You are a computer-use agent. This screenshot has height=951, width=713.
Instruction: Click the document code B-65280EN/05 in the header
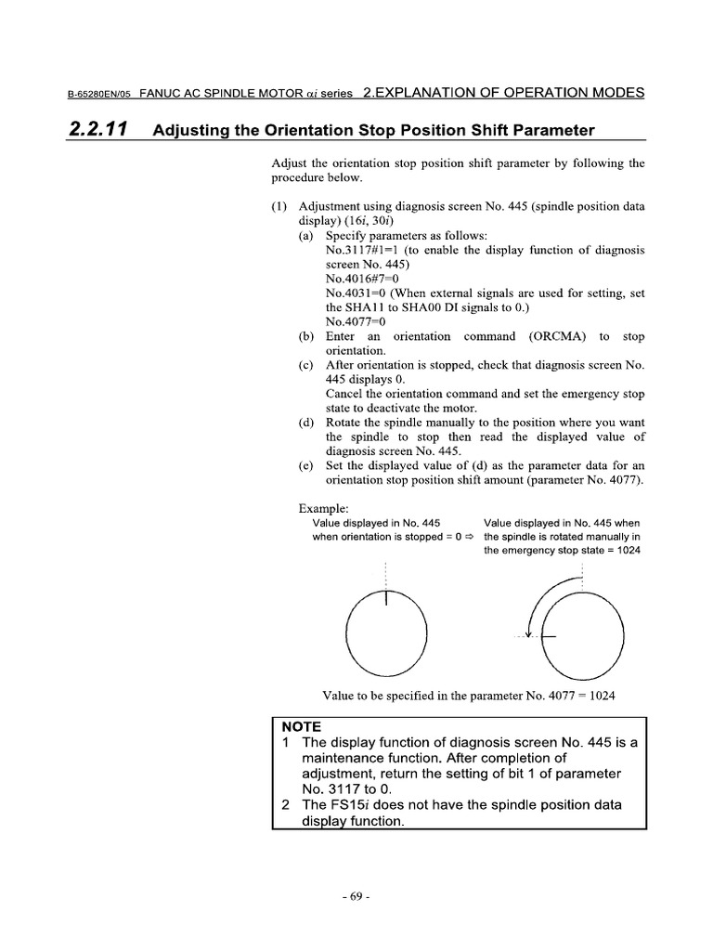click(x=101, y=94)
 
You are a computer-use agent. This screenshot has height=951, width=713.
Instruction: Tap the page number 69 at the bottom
click(x=356, y=897)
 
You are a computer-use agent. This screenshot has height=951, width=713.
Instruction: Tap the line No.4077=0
click(x=356, y=321)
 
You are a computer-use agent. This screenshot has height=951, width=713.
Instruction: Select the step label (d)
click(x=306, y=423)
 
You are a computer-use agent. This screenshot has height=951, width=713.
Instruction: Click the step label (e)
click(x=306, y=465)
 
